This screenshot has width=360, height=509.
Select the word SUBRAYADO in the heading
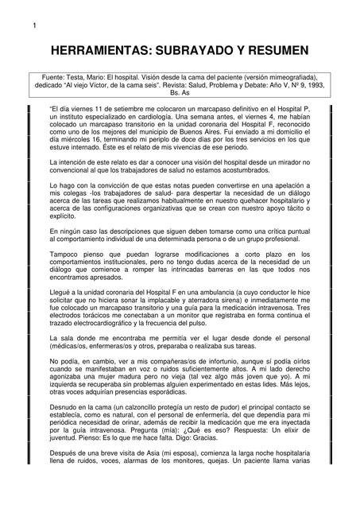[x=212, y=50]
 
